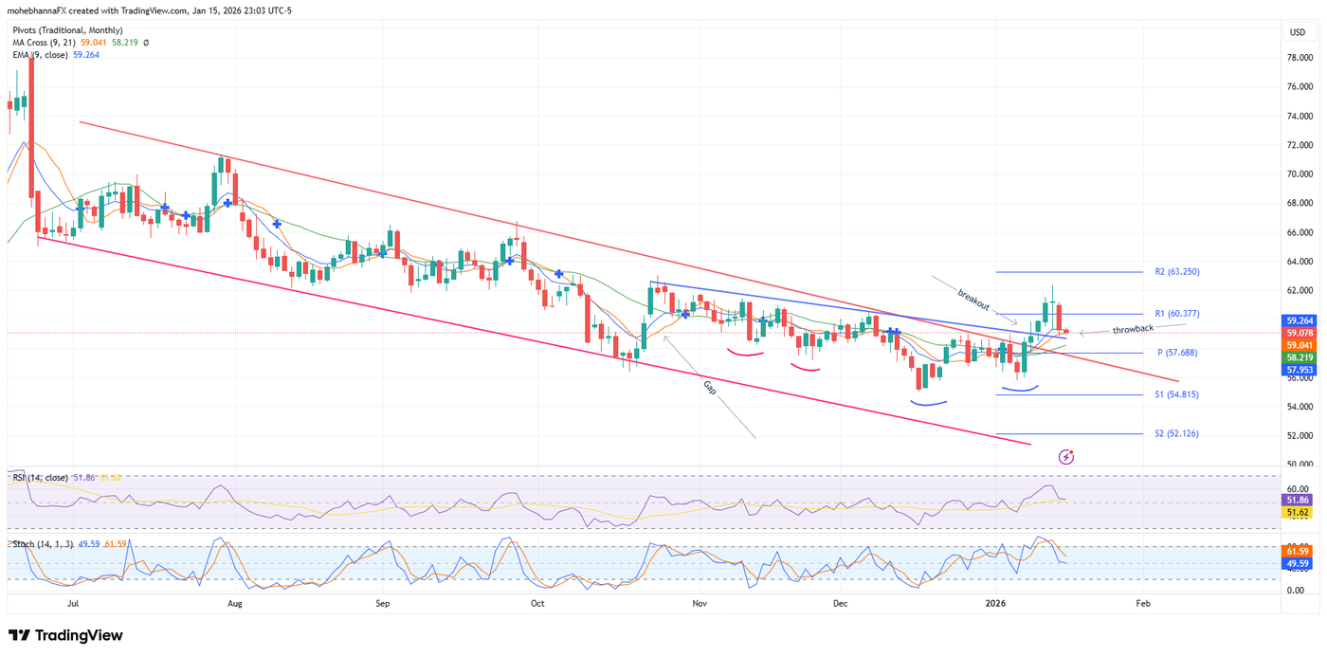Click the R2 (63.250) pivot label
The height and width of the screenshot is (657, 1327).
tap(1177, 272)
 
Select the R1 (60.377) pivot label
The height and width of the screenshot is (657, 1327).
tap(1177, 314)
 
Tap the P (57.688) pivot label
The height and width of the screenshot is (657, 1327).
tap(1177, 353)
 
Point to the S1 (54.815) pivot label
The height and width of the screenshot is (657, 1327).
tap(1176, 394)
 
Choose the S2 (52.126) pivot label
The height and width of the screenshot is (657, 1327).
tap(1176, 434)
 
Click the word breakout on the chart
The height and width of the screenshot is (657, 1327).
tap(973, 301)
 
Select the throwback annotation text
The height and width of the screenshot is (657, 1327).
tap(1133, 328)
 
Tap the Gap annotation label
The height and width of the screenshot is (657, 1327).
tap(711, 387)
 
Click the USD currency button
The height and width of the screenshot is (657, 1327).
tap(1297, 32)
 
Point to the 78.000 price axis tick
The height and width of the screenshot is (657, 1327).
tap(1299, 58)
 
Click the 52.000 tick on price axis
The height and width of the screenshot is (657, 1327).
tap(1299, 436)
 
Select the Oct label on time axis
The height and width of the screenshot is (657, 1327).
tap(537, 602)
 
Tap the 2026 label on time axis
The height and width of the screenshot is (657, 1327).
tap(994, 602)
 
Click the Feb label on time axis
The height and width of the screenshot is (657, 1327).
tap(1143, 602)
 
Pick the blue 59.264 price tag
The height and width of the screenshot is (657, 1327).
tap(1298, 321)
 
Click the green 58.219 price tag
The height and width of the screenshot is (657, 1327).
tap(1298, 357)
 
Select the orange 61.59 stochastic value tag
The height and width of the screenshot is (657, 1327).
tap(1298, 551)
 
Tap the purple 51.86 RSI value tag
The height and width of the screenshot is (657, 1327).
tap(1298, 499)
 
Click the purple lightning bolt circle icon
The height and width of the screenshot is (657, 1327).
tap(1066, 457)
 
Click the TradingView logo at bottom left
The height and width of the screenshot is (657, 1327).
tap(65, 635)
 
